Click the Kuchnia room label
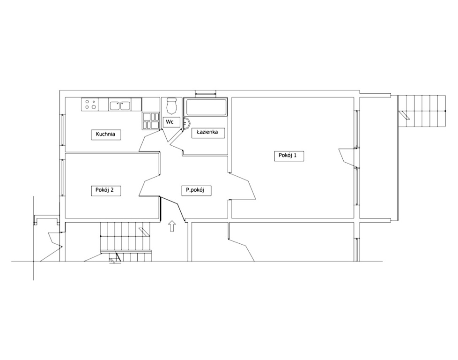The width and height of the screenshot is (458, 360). point(105,135)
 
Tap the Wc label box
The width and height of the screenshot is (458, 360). point(170,122)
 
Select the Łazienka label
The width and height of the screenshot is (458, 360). point(208,133)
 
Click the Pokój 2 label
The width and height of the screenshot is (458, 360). point(105,190)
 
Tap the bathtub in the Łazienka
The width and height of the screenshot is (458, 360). point(206,107)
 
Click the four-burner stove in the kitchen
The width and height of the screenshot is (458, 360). point(89,104)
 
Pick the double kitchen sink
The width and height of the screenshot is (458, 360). point(120,105)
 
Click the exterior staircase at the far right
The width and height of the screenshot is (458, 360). point(421,111)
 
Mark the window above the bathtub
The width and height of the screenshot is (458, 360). point(206,94)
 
